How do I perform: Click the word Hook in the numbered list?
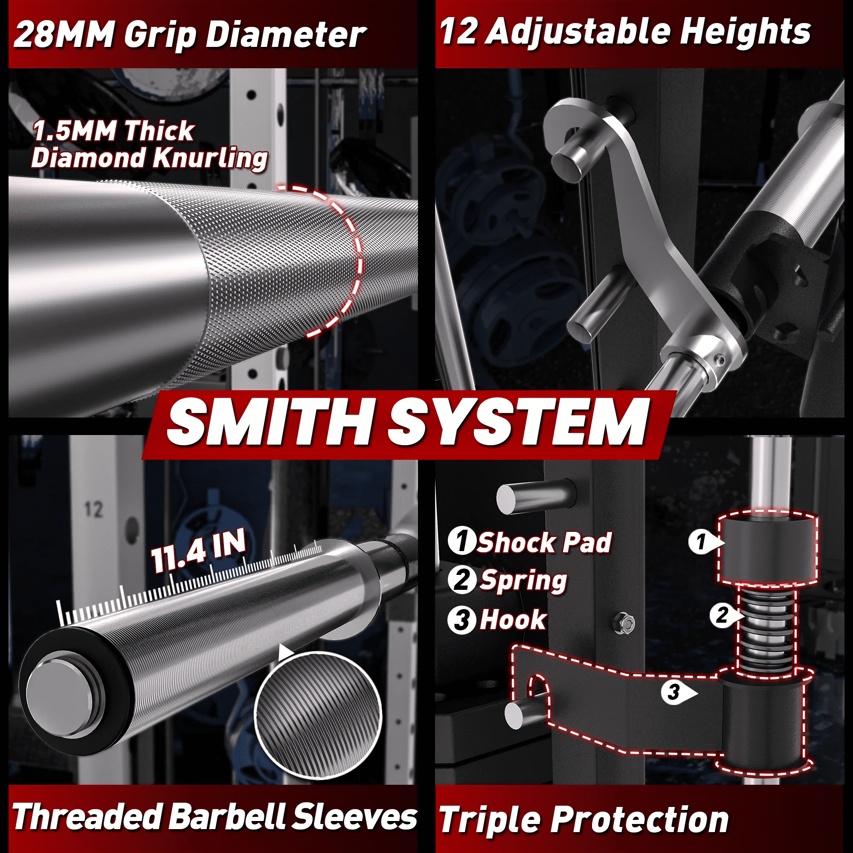(x=513, y=619)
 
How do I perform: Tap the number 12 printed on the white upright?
(x=93, y=509)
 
